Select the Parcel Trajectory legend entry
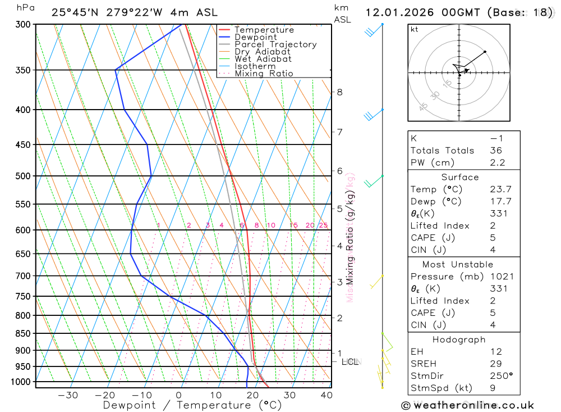tap(275, 44)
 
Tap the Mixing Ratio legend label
tap(264, 74)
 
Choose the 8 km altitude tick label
tap(339, 92)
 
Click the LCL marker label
tap(350, 362)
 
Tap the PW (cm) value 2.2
tap(497, 163)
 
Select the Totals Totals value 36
tap(495, 151)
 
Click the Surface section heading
tap(460, 177)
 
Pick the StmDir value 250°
tap(501, 376)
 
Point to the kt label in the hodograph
tap(415, 29)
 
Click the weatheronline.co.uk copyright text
tap(468, 405)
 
